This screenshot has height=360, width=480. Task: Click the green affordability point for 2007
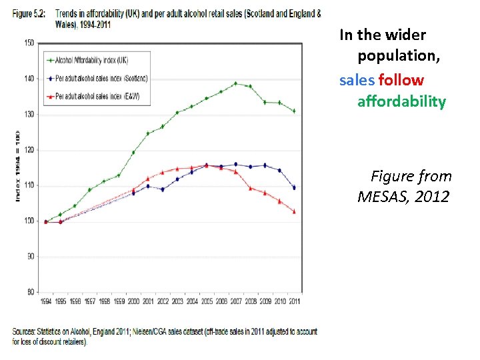[235, 83]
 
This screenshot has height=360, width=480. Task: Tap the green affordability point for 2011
[294, 111]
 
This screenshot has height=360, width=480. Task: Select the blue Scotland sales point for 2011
[294, 187]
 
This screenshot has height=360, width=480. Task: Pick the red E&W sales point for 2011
[294, 211]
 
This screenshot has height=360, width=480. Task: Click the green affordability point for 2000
[133, 152]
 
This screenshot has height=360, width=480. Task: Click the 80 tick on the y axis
[30, 292]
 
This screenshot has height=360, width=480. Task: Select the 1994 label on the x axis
[46, 301]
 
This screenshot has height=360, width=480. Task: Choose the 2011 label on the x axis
[294, 301]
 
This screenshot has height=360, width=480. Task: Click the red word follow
[401, 81]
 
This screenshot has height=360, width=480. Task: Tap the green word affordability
[401, 101]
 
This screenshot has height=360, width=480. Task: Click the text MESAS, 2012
[404, 197]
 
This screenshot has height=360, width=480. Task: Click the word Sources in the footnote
[25, 331]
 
